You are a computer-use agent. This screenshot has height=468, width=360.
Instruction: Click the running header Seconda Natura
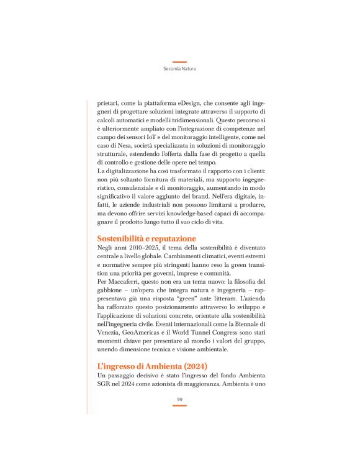pos(179,69)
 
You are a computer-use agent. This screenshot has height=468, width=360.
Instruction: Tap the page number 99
pos(179,399)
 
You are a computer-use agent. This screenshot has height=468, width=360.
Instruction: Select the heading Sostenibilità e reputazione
pos(146,238)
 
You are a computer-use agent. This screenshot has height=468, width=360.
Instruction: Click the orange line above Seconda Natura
pos(179,62)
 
